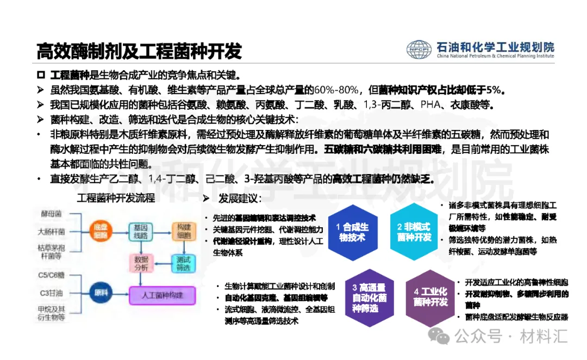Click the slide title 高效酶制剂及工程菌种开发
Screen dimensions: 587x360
tap(139, 51)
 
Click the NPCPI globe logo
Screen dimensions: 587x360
tap(419, 49)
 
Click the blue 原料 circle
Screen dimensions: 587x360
tap(101, 293)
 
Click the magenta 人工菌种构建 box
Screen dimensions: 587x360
tap(161, 295)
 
